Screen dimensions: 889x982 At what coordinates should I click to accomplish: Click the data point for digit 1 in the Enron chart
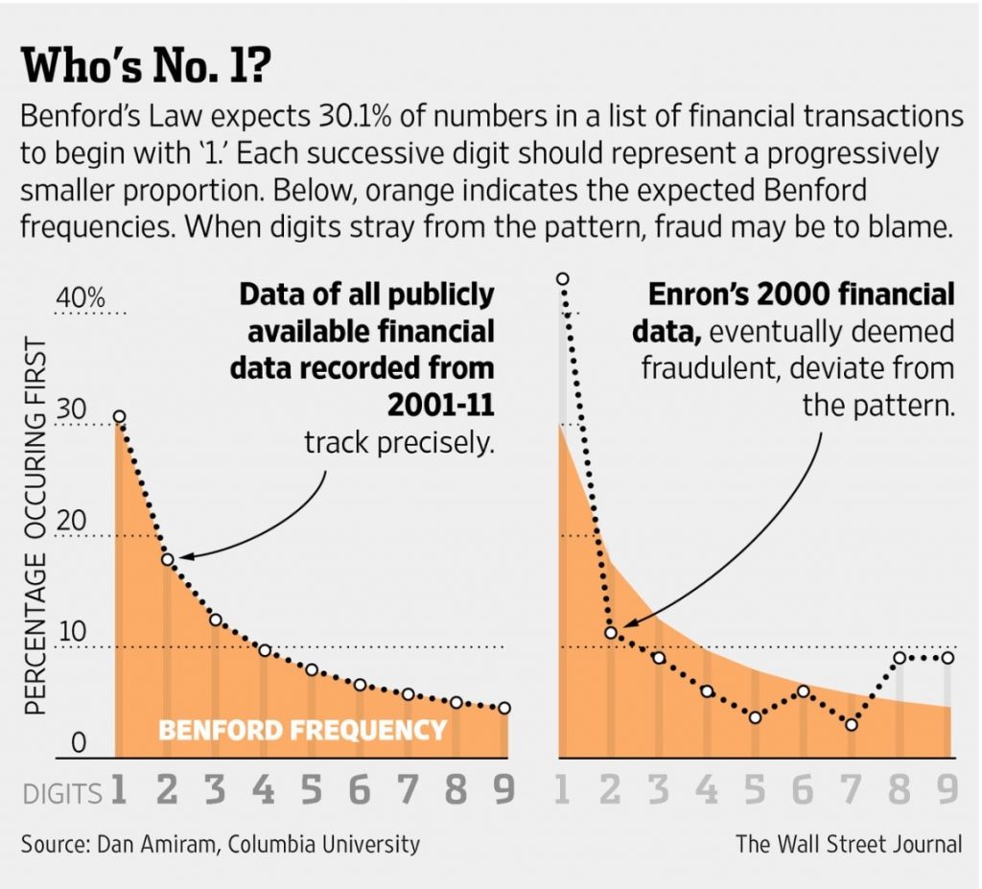point(563,279)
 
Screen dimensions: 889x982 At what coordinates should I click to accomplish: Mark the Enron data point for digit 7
point(852,725)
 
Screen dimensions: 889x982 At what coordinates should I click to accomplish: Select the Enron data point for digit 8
point(900,658)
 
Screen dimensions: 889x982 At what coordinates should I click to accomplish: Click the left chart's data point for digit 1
point(119,417)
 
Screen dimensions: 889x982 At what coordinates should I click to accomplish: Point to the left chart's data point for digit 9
point(504,708)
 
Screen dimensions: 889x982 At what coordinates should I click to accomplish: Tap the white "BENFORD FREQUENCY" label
point(302,731)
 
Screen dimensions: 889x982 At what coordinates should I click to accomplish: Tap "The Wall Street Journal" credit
point(849,845)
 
